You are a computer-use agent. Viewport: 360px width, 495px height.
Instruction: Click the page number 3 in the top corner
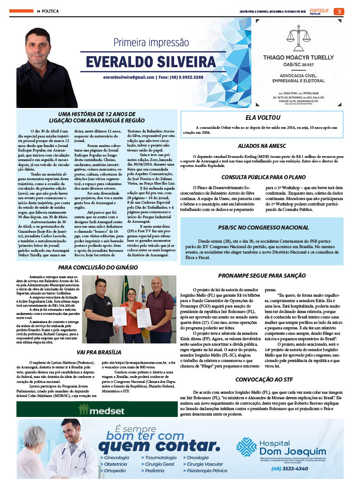tap(339, 11)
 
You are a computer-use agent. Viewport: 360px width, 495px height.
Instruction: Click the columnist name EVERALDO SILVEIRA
tap(151, 62)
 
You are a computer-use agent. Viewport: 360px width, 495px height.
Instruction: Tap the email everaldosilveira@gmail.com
tap(128, 77)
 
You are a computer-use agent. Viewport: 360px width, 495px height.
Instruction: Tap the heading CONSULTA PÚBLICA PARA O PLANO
tap(263, 177)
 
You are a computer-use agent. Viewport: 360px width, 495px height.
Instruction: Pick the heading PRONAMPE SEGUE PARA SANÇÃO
tap(262, 275)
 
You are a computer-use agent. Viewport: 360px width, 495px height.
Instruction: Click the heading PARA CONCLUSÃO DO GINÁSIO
tap(98, 268)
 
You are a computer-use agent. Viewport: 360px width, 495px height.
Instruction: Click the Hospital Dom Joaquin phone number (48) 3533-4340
tap(289, 468)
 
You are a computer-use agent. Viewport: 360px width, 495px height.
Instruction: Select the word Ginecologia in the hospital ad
tap(116, 458)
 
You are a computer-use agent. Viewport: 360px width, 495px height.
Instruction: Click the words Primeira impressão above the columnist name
tap(151, 43)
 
